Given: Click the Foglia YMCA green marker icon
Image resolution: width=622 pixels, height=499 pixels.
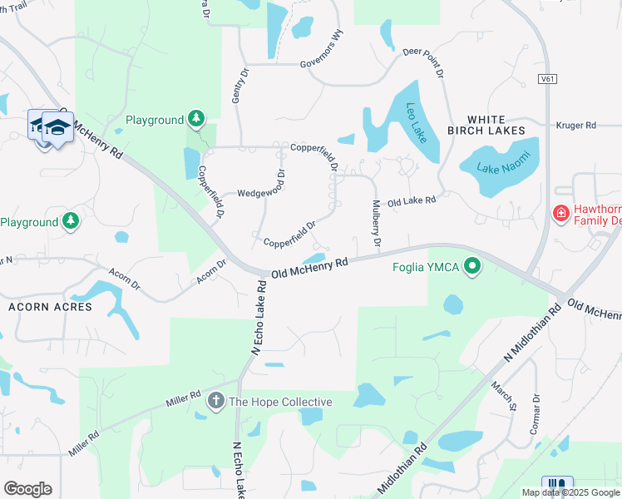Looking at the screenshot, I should [473, 267].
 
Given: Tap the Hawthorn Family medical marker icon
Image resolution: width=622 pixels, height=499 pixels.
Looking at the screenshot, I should [561, 214].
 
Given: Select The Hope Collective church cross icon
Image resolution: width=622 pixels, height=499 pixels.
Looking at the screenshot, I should [215, 403].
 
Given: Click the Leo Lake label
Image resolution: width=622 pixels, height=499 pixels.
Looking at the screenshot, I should [417, 122].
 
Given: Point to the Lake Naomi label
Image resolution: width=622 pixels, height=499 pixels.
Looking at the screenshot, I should [497, 167].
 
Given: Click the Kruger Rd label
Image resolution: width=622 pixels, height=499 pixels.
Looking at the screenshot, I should [579, 126].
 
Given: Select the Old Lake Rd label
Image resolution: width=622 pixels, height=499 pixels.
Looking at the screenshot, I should [412, 201].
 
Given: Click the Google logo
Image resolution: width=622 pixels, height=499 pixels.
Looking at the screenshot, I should [27, 489].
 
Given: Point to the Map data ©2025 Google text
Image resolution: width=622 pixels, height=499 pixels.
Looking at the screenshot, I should [570, 492].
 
